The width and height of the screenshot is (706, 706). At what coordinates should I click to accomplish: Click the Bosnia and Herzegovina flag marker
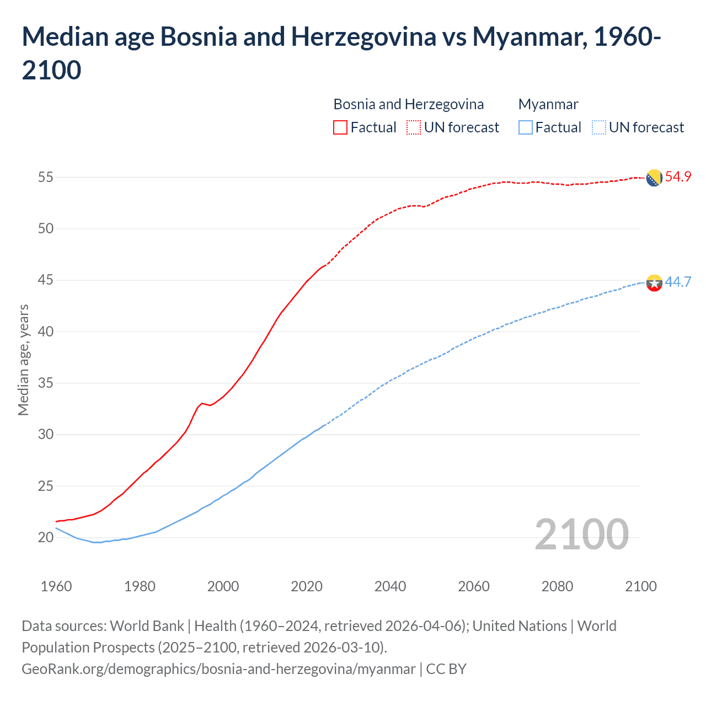click(x=654, y=178)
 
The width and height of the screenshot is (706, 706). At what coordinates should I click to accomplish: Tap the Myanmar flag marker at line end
click(x=654, y=283)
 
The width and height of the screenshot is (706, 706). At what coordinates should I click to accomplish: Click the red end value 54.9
click(x=678, y=177)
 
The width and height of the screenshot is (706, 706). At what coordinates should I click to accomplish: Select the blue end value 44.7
click(x=678, y=282)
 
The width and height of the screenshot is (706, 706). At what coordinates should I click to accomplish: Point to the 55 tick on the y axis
click(x=45, y=178)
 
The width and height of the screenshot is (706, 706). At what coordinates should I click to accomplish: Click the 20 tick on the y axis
click(x=45, y=537)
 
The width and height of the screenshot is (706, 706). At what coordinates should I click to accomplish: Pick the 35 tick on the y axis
click(x=45, y=383)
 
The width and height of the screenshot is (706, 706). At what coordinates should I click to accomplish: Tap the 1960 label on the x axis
click(x=56, y=586)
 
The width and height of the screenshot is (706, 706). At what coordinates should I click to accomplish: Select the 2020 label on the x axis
click(x=307, y=586)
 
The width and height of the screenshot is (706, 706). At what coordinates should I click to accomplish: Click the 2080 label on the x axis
click(x=557, y=586)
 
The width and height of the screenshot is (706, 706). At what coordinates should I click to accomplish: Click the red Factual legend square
click(x=340, y=127)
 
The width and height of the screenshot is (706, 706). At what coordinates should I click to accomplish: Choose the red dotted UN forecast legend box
click(x=414, y=127)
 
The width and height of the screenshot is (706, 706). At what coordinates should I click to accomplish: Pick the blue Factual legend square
click(x=526, y=127)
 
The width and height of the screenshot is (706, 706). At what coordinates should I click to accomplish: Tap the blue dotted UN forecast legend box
click(x=598, y=127)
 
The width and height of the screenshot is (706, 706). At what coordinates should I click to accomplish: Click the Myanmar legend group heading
click(x=548, y=104)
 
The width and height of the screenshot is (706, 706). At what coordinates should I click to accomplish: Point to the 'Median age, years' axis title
click(x=23, y=360)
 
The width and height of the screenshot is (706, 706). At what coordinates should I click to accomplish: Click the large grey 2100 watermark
click(x=581, y=534)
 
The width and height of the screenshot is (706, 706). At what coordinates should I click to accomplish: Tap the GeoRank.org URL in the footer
click(x=218, y=669)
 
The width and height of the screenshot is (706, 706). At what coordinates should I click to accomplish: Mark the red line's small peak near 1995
click(x=202, y=403)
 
